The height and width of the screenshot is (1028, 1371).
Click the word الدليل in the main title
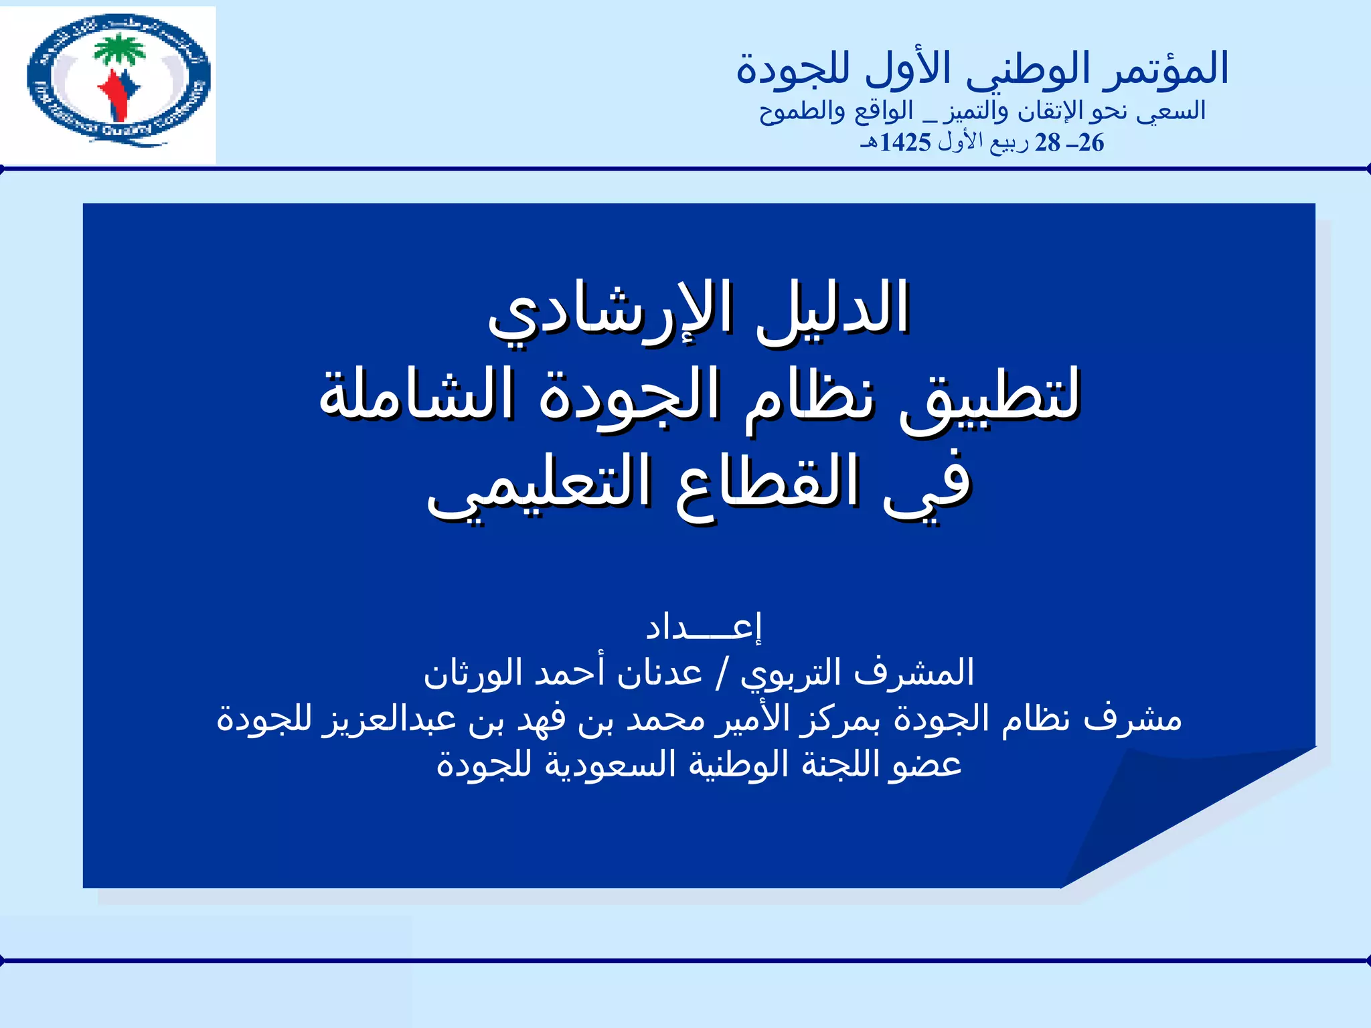[833, 308]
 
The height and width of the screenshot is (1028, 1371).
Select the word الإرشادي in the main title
[609, 311]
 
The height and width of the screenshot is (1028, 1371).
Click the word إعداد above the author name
[703, 627]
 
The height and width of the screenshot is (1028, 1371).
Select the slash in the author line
[722, 673]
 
